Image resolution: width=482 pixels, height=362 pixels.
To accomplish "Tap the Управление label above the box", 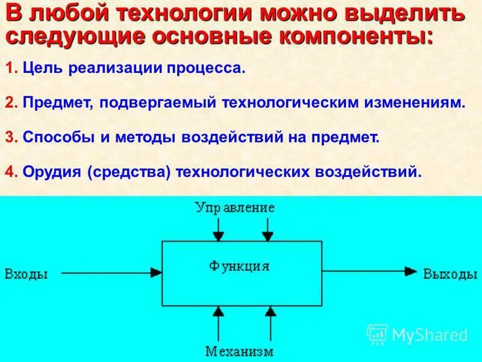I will click(x=235, y=208).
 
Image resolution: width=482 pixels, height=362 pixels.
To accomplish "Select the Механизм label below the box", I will click(x=239, y=351).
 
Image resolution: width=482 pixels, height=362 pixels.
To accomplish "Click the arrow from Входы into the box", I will click(x=111, y=273).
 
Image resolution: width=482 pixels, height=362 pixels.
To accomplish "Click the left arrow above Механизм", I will click(x=219, y=323).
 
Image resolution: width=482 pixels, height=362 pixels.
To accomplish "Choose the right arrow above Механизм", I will click(x=271, y=323).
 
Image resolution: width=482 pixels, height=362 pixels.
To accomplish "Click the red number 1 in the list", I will click(x=10, y=68).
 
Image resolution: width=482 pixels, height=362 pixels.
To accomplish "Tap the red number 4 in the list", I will click(x=10, y=172).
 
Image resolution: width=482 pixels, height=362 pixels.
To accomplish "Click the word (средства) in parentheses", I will click(x=130, y=172).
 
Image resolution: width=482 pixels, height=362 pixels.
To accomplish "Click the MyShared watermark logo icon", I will click(x=377, y=334).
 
